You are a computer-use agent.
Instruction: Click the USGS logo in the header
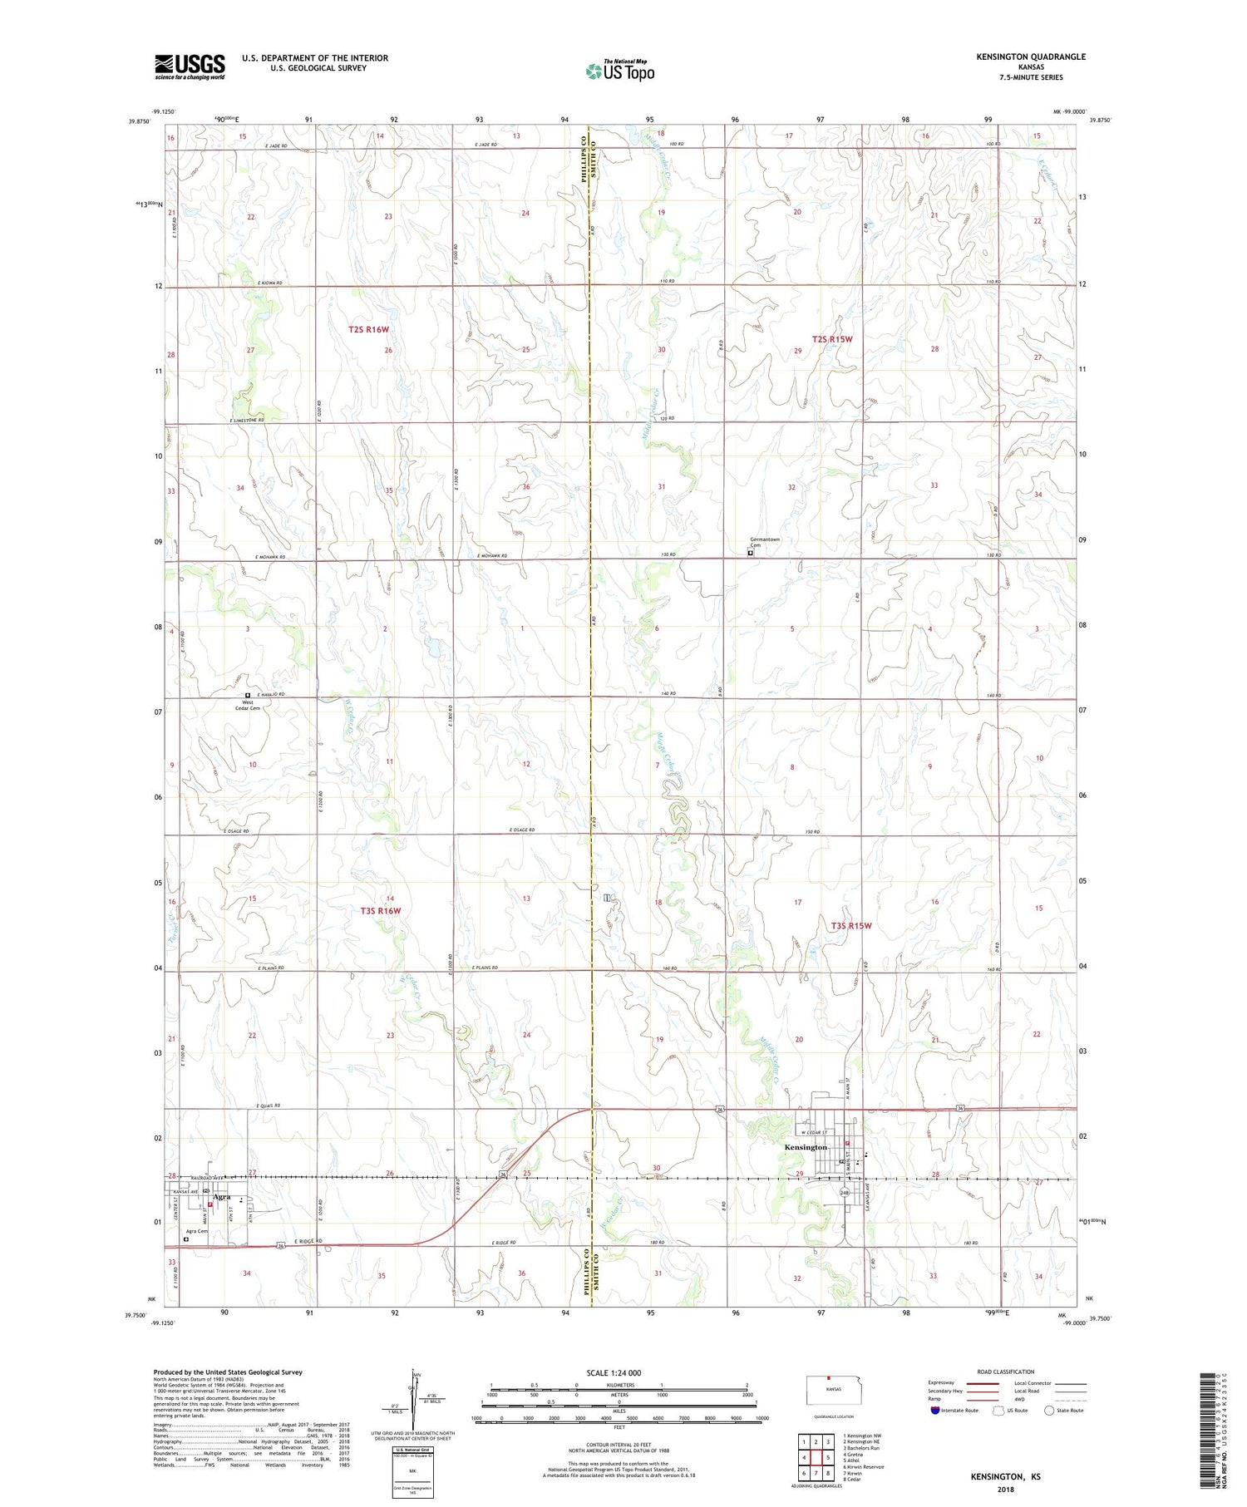[x=190, y=66]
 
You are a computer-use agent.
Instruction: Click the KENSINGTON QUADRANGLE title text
[x=1031, y=57]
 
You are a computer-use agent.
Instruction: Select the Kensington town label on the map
[x=805, y=1147]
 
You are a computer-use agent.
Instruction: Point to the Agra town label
[x=221, y=1198]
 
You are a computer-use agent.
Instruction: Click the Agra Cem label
[x=197, y=1231]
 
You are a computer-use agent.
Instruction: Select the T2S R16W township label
[x=369, y=330]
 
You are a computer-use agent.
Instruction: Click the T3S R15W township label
[x=851, y=925]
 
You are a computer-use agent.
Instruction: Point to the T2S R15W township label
[x=832, y=339]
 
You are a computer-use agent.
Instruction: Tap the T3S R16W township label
[x=381, y=910]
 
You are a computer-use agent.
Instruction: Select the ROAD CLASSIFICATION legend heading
[x=1006, y=1372]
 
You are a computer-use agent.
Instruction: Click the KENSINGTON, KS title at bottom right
[x=1005, y=1476]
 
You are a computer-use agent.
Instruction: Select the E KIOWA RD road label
[x=270, y=283]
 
